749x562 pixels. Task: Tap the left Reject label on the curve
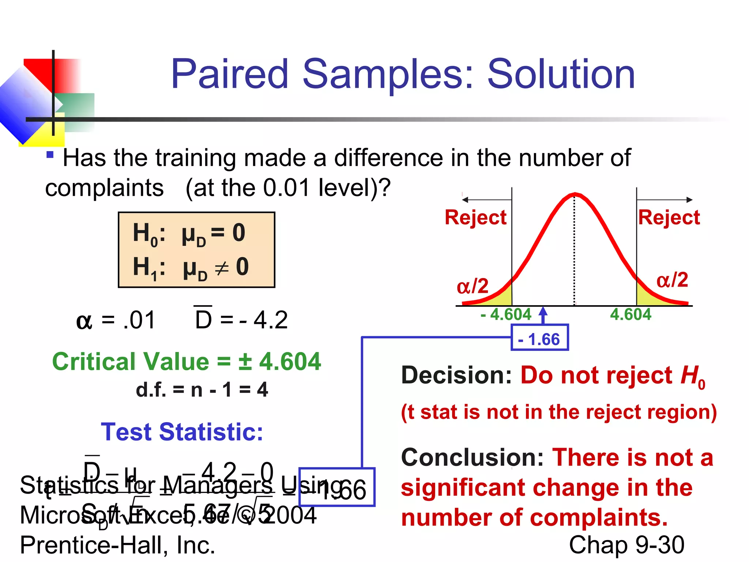click(475, 217)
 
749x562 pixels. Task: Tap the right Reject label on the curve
click(669, 217)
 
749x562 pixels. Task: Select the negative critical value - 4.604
click(506, 314)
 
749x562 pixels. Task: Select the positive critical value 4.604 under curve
click(631, 314)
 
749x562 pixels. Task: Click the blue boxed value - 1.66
click(539, 339)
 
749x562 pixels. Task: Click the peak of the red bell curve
click(575, 194)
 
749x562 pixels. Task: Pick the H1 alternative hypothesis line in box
click(190, 267)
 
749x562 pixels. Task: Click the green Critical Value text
click(187, 361)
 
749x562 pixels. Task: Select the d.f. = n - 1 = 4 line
click(202, 389)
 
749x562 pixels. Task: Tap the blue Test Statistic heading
click(182, 432)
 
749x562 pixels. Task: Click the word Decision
click(456, 375)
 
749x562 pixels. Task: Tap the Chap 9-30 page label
click(626, 545)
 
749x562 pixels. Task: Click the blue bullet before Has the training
click(50, 155)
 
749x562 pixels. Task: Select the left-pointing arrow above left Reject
click(486, 200)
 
